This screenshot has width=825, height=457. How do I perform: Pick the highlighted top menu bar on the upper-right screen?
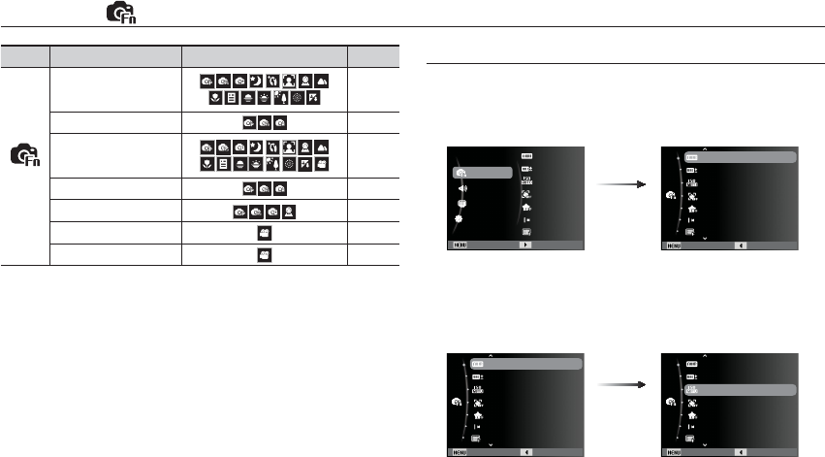(x=741, y=155)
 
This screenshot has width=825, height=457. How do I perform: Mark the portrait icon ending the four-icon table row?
(x=289, y=211)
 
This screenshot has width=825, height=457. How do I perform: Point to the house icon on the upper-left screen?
(x=526, y=207)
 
